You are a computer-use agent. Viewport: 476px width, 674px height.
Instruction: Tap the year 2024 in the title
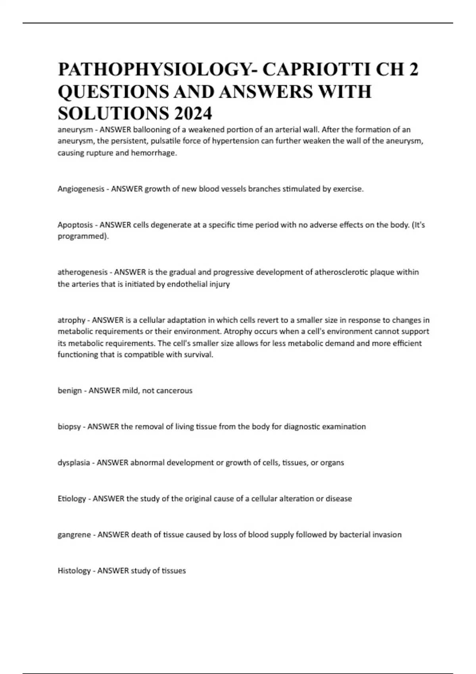192,114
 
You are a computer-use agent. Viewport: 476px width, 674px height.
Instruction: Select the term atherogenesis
83,272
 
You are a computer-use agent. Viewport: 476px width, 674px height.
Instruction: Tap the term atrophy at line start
71,320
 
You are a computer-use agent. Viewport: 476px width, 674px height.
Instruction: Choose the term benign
69,391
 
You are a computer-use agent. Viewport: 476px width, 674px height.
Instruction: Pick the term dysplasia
73,463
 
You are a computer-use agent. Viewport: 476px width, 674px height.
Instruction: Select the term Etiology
72,498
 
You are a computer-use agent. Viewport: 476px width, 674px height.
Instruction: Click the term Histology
74,571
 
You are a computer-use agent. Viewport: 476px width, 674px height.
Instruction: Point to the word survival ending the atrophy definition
200,355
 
